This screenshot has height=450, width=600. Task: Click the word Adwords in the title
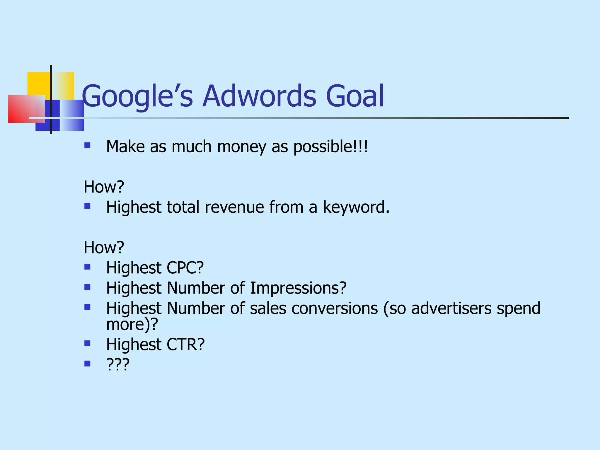[259, 96]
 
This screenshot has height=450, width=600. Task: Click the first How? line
[104, 187]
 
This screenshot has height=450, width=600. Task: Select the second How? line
[104, 248]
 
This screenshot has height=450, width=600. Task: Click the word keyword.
[356, 207]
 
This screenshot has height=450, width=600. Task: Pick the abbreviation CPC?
[185, 268]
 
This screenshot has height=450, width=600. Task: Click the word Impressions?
[298, 288]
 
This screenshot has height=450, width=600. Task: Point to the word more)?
[132, 325]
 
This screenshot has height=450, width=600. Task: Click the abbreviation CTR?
[185, 345]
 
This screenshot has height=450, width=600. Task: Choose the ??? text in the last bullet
[118, 365]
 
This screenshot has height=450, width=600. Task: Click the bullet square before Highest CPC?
[87, 267]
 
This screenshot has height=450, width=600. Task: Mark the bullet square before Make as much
[87, 145]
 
